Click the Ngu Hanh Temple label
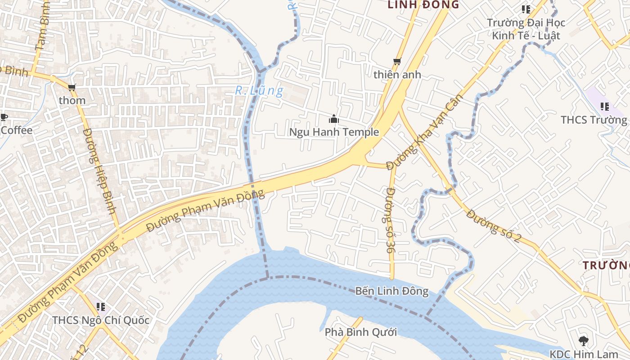[333, 132]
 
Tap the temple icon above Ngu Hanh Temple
[333, 119]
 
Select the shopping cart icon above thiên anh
[397, 61]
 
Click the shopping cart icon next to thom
[72, 87]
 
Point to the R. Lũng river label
[259, 91]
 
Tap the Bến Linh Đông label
[391, 291]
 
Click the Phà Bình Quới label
[361, 333]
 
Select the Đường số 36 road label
[390, 223]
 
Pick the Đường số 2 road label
[493, 226]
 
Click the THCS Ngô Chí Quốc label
[101, 320]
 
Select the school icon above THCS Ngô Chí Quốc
[101, 307]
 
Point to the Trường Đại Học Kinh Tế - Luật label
[526, 29]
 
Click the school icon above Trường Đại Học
[526, 9]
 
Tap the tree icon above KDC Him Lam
[584, 341]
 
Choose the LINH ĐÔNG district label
[423, 5]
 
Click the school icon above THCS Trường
[605, 107]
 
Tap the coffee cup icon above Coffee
[4, 118]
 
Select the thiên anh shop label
[397, 75]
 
